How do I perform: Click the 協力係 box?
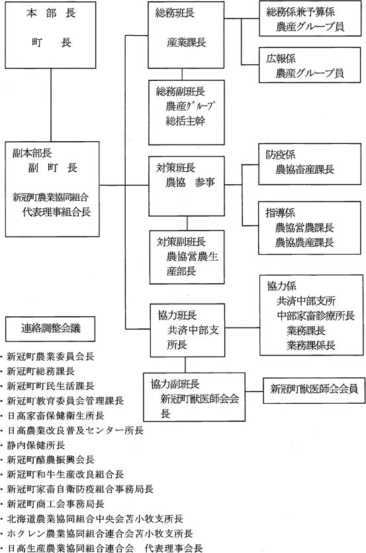coord(310,315)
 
